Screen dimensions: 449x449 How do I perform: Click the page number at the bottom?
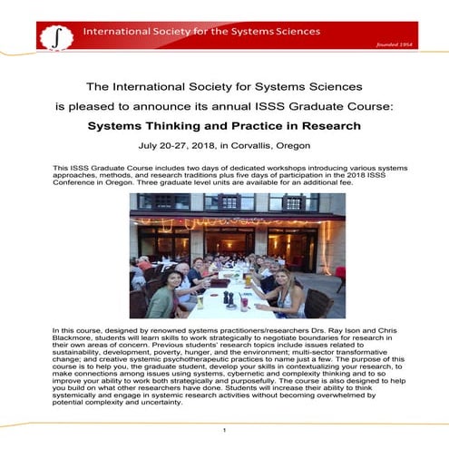[224, 429]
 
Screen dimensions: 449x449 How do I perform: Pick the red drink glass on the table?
[244, 304]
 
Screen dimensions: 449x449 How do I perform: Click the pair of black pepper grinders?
[228, 298]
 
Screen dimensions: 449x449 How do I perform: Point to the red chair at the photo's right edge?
[339, 278]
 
